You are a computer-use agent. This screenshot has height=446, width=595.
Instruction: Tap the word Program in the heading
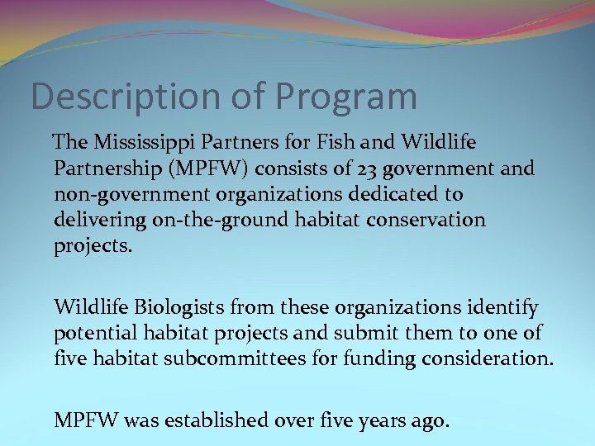tap(346, 97)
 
